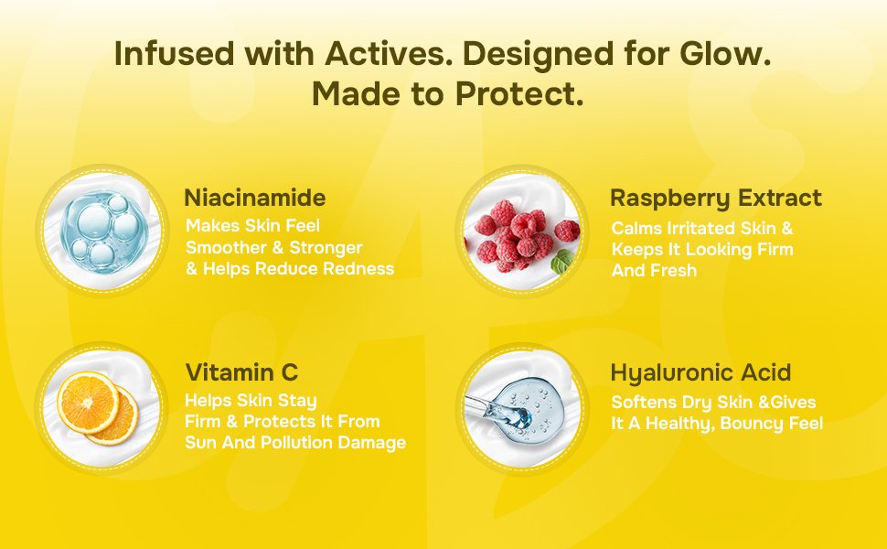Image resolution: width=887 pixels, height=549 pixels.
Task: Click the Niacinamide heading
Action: pos(254,198)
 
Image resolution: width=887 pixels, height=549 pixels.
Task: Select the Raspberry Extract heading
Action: pos(716,199)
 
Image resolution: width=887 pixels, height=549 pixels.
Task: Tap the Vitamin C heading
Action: pos(241,372)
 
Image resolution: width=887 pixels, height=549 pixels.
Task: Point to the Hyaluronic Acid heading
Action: pos(700,373)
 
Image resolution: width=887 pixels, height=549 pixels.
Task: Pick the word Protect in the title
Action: pos(519,94)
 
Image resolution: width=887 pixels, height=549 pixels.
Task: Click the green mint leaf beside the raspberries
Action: pos(563,262)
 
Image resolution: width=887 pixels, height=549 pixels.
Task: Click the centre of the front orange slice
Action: pos(88,403)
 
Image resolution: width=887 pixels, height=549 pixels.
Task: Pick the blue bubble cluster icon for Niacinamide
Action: pos(103,231)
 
